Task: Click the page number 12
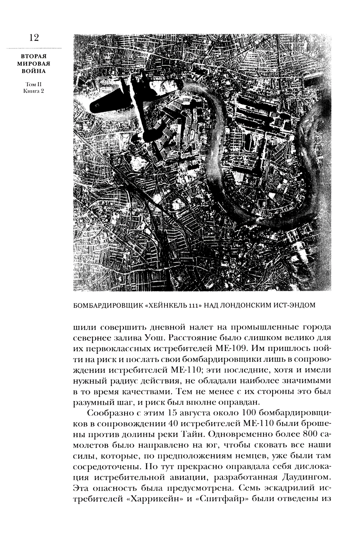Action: click(32, 38)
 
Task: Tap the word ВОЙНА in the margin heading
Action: click(32, 71)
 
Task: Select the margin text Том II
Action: click(32, 84)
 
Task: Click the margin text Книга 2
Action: click(32, 91)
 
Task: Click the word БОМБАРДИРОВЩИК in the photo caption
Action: click(107, 306)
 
